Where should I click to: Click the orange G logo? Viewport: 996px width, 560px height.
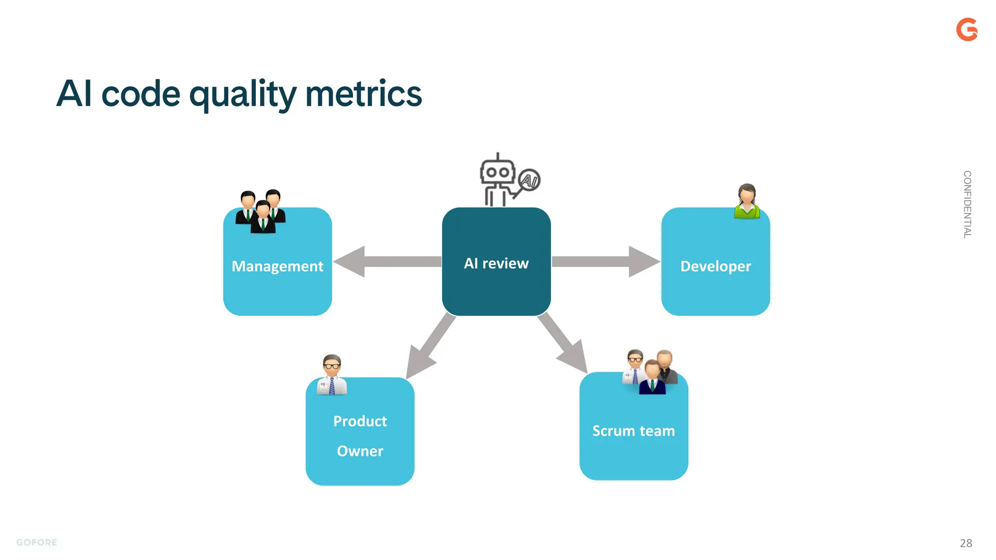click(966, 30)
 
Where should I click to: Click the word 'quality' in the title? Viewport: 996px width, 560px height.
click(242, 94)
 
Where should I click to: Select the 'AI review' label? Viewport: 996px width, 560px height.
click(496, 263)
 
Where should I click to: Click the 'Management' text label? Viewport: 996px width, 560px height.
click(277, 266)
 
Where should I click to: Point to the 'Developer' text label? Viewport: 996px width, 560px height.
click(715, 266)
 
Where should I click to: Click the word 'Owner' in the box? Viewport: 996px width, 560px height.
click(360, 451)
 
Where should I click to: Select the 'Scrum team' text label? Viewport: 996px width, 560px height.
click(633, 431)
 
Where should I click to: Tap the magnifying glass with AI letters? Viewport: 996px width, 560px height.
click(528, 181)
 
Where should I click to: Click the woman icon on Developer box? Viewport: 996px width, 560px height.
click(747, 201)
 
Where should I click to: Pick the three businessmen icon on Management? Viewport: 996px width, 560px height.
click(261, 211)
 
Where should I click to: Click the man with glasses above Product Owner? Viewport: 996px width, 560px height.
click(332, 374)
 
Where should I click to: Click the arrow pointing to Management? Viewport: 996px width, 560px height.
click(384, 262)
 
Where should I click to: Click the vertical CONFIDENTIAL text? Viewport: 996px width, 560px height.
click(967, 204)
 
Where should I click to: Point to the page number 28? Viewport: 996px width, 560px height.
click(966, 543)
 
